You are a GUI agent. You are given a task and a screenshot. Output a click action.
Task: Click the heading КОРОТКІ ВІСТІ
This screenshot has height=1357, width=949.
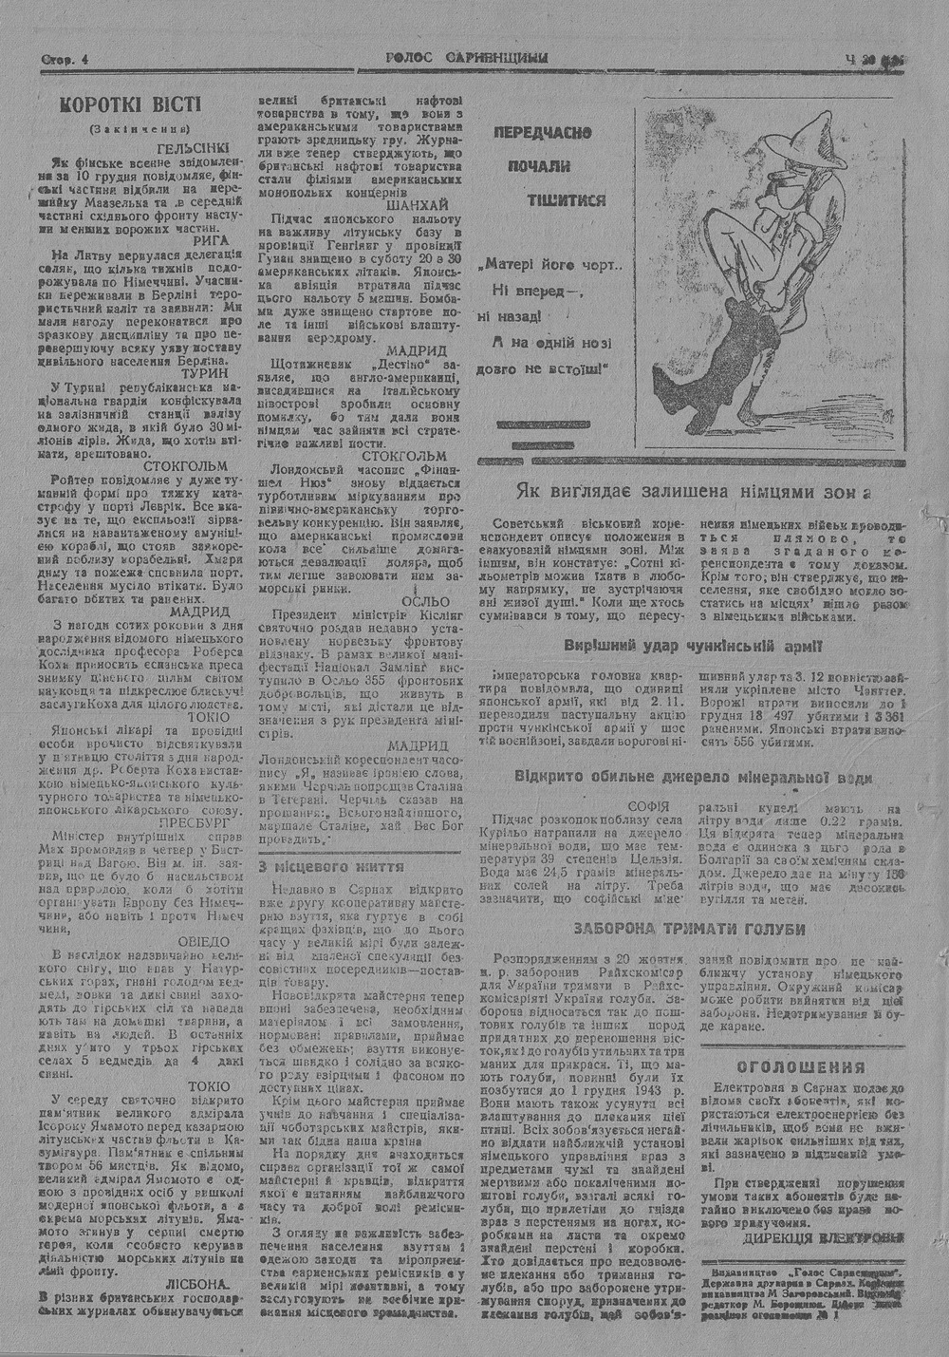tap(131, 104)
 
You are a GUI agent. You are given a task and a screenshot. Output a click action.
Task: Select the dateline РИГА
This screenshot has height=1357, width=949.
tap(210, 242)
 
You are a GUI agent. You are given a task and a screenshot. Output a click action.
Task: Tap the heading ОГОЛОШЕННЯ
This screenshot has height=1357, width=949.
tap(801, 1066)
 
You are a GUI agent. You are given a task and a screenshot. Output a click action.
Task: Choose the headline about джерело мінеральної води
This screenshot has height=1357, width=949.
tap(692, 776)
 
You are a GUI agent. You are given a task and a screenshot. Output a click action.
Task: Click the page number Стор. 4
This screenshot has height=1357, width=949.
tap(65, 60)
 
